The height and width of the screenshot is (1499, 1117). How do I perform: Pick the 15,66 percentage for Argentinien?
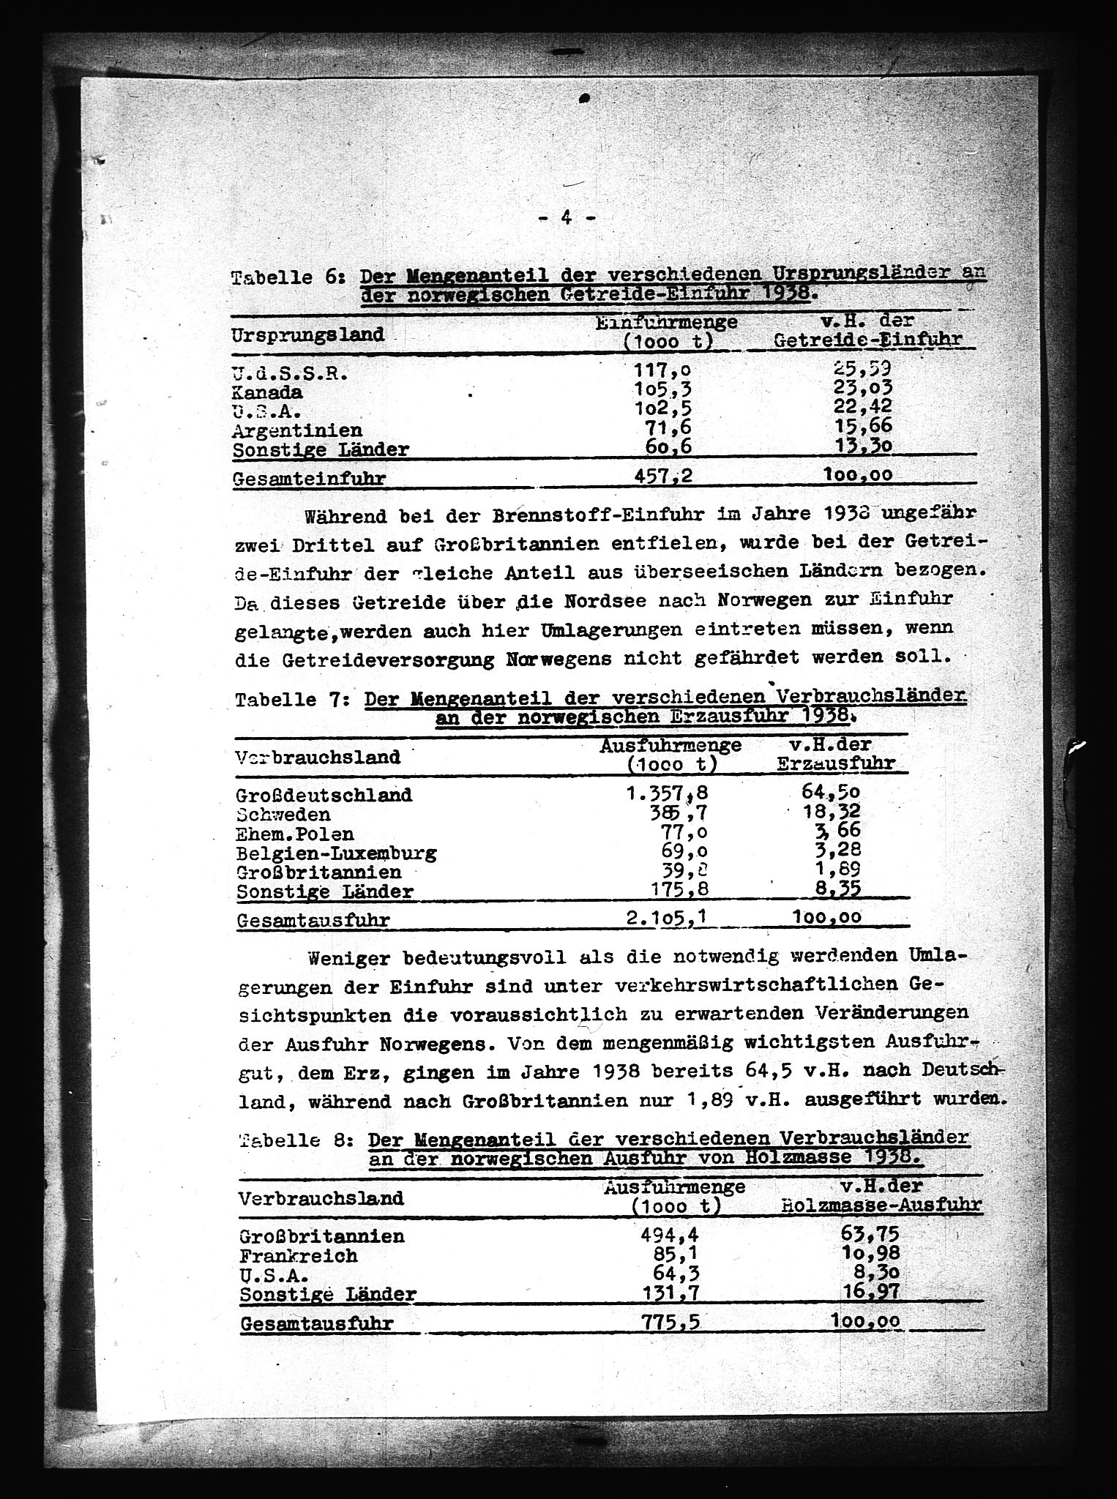click(864, 427)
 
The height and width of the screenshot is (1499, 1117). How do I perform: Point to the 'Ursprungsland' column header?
click(307, 335)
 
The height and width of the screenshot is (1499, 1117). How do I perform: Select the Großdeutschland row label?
click(324, 795)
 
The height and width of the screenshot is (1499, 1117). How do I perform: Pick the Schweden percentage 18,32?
click(831, 812)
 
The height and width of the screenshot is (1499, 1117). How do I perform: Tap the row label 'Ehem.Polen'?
click(295, 834)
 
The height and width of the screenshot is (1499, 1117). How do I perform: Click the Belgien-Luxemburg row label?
click(336, 853)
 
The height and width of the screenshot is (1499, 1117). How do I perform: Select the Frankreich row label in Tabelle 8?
click(298, 1256)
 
